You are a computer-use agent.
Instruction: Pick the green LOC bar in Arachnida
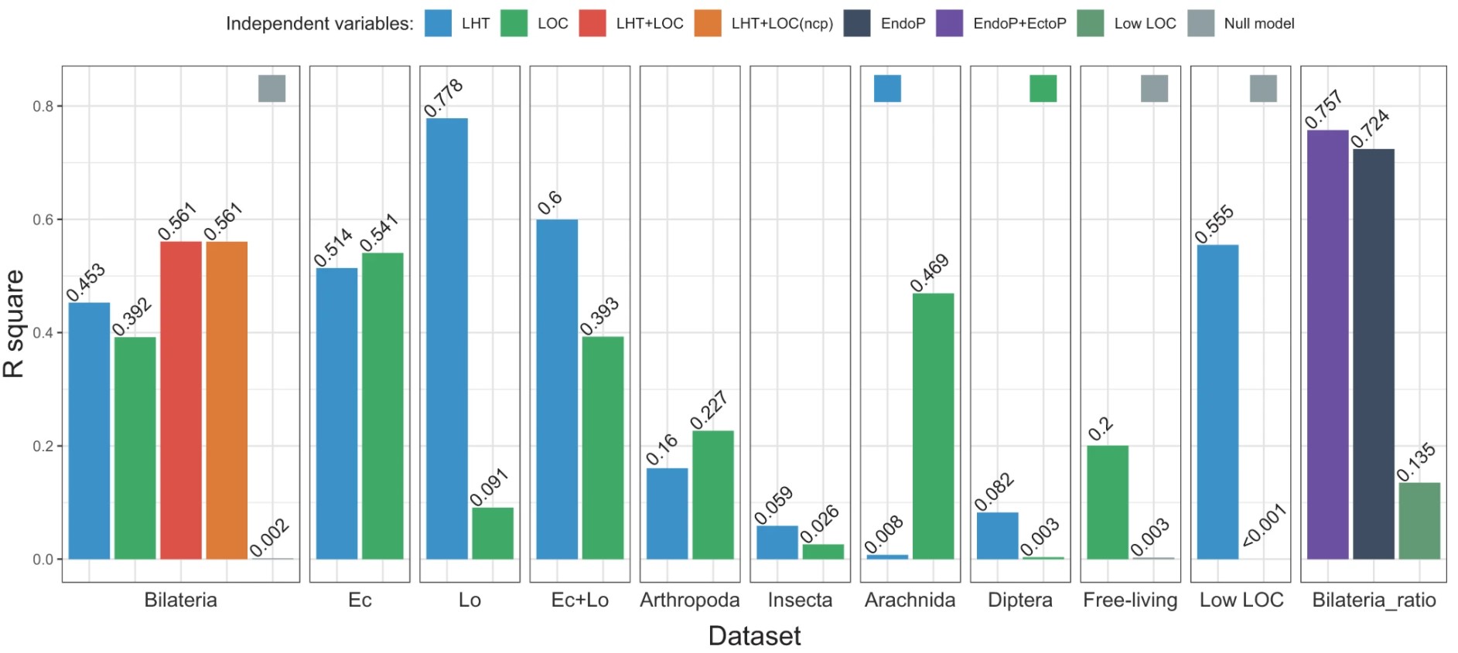pos(933,426)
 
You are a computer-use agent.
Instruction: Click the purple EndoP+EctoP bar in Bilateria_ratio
pos(1327,345)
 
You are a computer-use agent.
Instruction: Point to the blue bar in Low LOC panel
pos(1217,402)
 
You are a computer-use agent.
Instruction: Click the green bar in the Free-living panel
pos(1108,502)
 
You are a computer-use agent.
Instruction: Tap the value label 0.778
pos(444,98)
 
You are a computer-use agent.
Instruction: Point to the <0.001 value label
pos(1264,525)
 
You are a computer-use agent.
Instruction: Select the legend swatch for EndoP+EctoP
pos(950,23)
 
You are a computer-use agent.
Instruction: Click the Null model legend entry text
pos(1258,24)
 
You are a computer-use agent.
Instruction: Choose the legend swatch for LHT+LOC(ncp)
pos(708,23)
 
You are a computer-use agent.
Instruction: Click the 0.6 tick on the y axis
pos(43,219)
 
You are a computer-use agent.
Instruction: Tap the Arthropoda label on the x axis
pos(689,600)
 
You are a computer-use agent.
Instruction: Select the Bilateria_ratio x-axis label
pos(1374,600)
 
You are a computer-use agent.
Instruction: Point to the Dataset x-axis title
pos(754,636)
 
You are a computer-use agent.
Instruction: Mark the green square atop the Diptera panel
pos(1043,88)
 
